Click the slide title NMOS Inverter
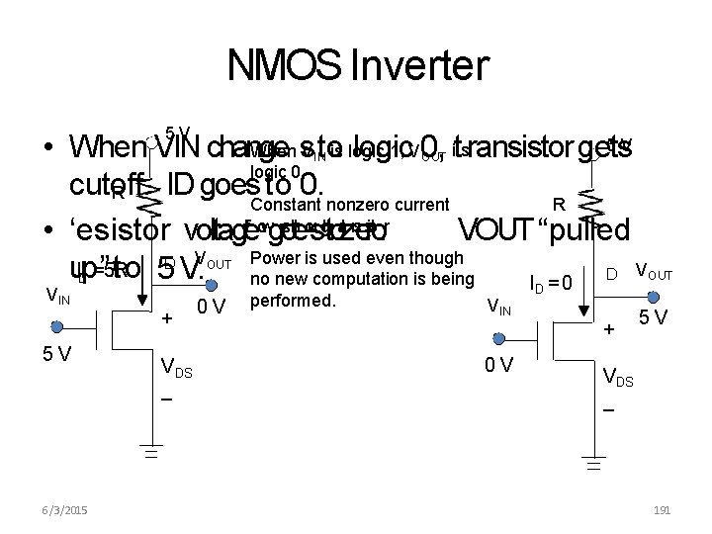pyautogui.click(x=357, y=67)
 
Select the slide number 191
pyautogui.click(x=662, y=509)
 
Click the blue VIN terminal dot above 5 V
pyautogui.click(x=57, y=326)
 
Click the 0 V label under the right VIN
pyautogui.click(x=497, y=365)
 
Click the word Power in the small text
pyautogui.click(x=274, y=257)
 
